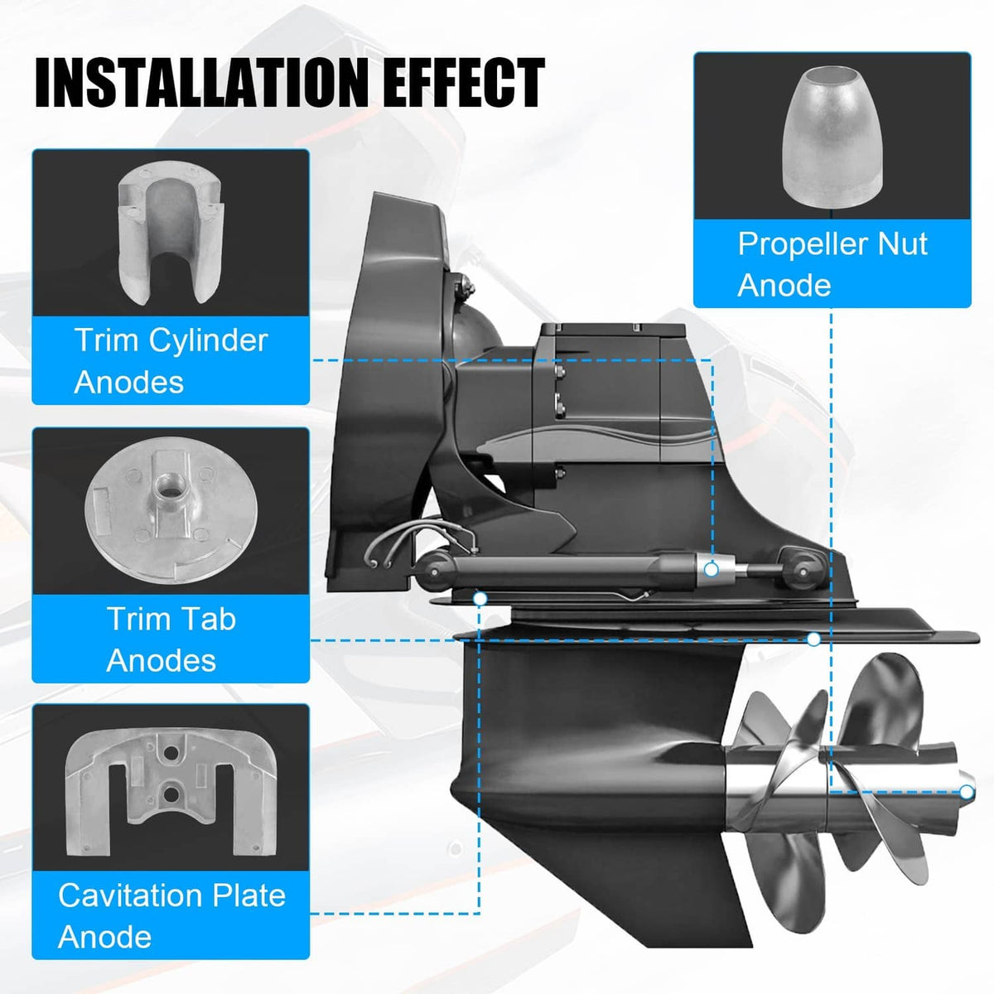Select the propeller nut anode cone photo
[x=832, y=138]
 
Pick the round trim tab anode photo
[x=171, y=509]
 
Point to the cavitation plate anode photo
[x=171, y=792]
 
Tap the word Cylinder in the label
[x=209, y=341]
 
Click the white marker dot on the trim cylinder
[x=712, y=570]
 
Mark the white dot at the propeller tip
[x=966, y=791]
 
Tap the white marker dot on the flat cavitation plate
[x=813, y=639]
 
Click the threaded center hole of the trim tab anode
[x=168, y=486]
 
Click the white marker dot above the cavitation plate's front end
[x=480, y=598]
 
